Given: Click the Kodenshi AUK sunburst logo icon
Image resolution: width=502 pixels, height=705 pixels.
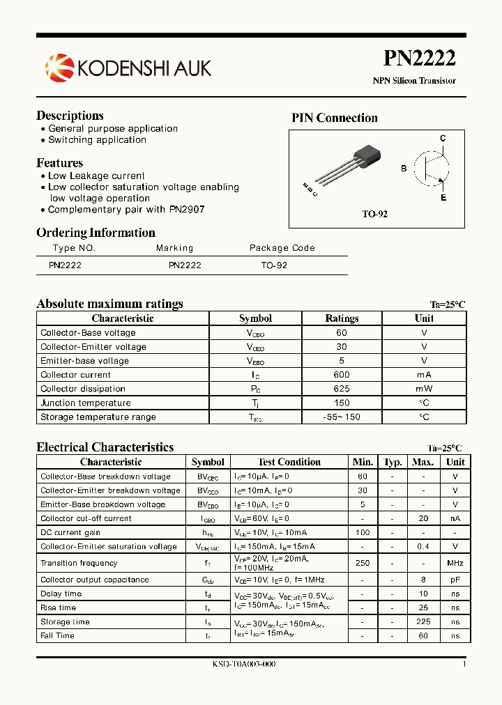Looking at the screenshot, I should coord(59,67).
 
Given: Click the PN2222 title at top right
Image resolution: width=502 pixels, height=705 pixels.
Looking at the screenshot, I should coord(419,59).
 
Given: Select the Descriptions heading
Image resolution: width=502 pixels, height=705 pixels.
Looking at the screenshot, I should coord(70,116).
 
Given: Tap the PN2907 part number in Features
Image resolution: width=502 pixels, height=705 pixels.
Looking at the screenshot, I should coord(187,209).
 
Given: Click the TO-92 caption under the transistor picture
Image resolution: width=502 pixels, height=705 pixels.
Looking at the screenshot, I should coord(374,215).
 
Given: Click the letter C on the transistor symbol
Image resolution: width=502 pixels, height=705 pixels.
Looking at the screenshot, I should coord(443,139).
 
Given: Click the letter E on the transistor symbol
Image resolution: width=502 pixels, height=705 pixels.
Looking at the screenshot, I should coord(443,198).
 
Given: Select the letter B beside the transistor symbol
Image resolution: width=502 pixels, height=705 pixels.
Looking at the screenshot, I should coord(404,169).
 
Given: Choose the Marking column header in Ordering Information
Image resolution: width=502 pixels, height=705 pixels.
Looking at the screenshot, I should coord(174,248).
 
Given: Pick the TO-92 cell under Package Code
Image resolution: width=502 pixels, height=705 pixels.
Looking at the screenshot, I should coord(274,265).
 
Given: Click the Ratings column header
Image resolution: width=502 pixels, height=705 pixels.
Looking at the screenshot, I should coord(342,318).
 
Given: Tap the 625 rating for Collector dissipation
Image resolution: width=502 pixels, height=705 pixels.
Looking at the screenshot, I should coord(342,389).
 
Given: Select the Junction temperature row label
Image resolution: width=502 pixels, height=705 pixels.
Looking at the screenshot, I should coord(85,403).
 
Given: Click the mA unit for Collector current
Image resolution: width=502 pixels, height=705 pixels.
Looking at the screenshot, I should coord(424,375).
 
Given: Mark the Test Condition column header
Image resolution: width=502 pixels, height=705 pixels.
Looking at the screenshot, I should coord(289,462).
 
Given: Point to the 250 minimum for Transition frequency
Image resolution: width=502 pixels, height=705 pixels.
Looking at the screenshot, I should coord(363,563).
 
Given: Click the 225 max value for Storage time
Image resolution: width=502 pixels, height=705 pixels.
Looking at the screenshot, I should coord(423,621).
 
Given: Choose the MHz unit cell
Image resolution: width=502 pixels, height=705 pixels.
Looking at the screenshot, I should coord(455,563).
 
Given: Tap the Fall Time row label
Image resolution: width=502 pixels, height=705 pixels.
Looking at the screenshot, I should coord(57,635).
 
